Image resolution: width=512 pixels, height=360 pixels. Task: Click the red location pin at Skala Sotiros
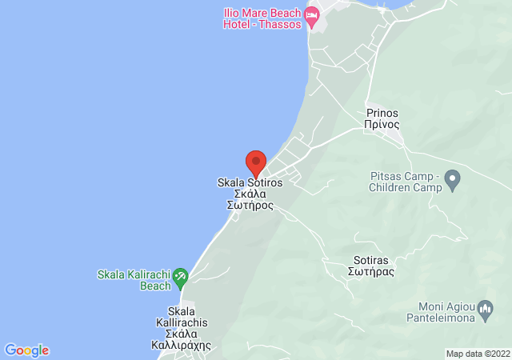(255, 163)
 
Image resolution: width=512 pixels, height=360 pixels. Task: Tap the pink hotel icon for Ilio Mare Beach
(312, 15)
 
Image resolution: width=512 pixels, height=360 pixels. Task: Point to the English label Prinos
(382, 113)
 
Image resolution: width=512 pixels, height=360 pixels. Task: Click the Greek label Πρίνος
(382, 125)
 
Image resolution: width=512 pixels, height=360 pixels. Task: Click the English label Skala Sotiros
(250, 182)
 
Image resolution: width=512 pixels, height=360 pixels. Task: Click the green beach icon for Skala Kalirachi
(181, 276)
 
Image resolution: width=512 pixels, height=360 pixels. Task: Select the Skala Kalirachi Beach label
(133, 280)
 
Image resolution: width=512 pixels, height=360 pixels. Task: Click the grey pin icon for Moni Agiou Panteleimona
(485, 307)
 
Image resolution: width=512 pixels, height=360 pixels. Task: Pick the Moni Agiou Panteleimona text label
(447, 312)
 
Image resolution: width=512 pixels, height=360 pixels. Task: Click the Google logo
(26, 350)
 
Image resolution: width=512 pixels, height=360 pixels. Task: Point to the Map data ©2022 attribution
(477, 354)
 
